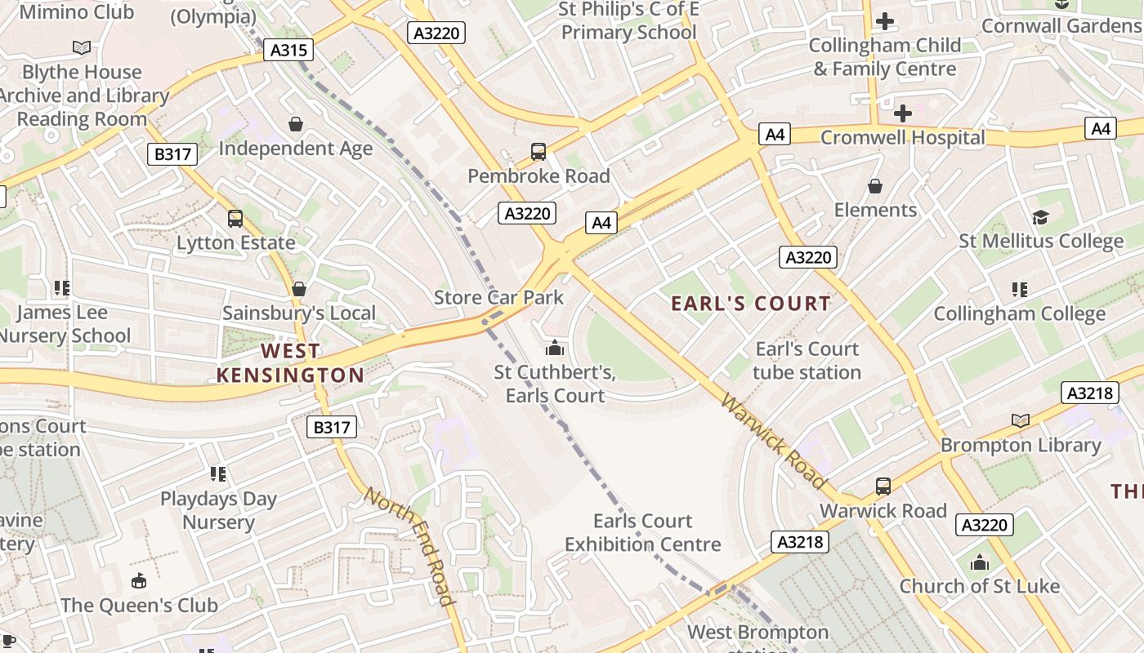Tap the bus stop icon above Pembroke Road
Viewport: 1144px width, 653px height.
click(538, 151)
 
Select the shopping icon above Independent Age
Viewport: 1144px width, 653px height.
click(296, 124)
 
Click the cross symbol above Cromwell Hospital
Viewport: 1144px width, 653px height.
click(903, 113)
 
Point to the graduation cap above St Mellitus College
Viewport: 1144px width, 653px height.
click(1040, 217)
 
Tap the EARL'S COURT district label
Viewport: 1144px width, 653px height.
click(751, 304)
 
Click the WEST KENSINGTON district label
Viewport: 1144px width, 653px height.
click(290, 363)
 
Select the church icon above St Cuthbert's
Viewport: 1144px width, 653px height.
click(555, 349)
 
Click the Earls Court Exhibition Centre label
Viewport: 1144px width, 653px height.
click(643, 532)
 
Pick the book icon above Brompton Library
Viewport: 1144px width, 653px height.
click(1021, 421)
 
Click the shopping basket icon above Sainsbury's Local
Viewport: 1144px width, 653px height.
click(299, 289)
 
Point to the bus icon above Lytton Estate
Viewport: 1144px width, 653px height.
click(235, 219)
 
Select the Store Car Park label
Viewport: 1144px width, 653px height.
click(498, 297)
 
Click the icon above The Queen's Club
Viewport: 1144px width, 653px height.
click(139, 581)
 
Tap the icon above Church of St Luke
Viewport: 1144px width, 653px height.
click(980, 562)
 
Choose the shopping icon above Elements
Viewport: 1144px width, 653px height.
click(875, 186)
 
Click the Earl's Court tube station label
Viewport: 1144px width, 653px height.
click(807, 361)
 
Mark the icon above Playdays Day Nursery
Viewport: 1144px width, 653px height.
click(218, 474)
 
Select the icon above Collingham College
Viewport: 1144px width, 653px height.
click(1019, 289)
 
